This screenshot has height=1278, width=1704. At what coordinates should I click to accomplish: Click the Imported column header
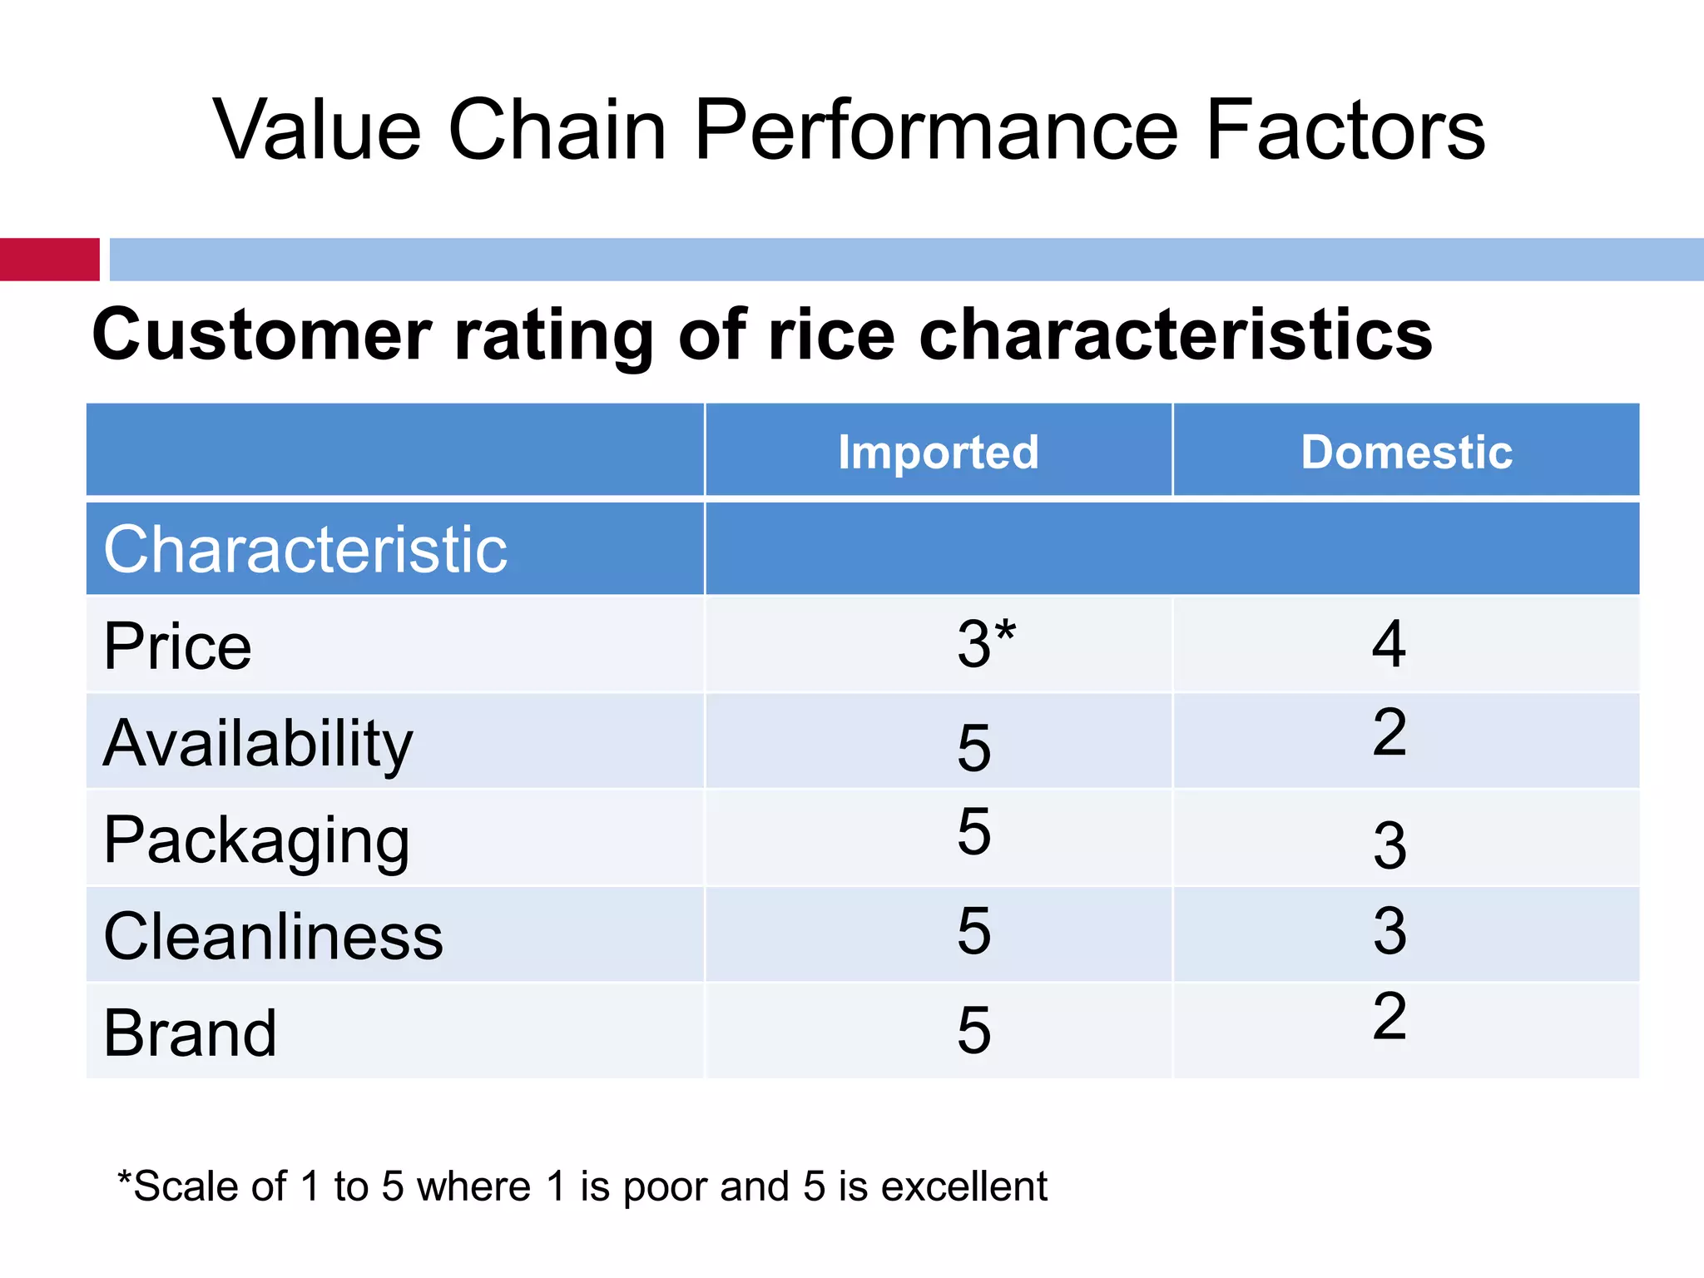point(938,453)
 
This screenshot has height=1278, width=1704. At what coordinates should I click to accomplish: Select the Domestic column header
point(1406,453)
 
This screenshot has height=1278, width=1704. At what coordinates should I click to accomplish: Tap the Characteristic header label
point(305,550)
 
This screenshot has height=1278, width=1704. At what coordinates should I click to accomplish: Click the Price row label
point(177,646)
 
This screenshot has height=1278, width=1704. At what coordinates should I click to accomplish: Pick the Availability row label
point(258,743)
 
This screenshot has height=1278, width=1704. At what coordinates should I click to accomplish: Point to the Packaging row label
point(256,840)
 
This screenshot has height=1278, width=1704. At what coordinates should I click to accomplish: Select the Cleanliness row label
point(273,937)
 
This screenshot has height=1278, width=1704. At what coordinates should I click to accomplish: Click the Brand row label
point(190,1033)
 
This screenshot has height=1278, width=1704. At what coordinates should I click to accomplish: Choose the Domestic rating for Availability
point(1389,733)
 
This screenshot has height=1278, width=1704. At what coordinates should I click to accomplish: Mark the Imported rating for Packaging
point(973,831)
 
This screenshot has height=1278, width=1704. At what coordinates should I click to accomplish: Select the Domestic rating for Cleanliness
point(1389,930)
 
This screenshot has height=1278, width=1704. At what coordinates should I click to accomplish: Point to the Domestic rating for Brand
point(1389,1016)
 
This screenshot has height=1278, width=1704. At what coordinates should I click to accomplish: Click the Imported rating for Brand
point(973,1030)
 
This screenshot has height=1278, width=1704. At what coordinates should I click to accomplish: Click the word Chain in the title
point(557,130)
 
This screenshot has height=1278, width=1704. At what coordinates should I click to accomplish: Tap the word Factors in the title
point(1345,130)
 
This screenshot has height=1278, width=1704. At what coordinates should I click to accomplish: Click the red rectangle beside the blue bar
point(49,260)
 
